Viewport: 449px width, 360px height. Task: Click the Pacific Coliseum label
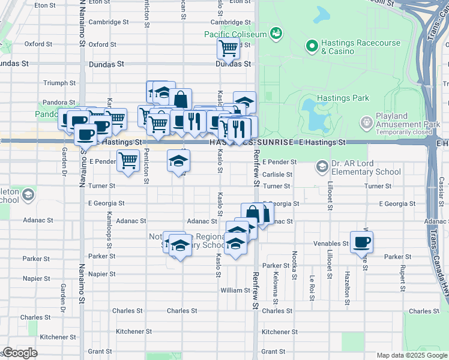235,35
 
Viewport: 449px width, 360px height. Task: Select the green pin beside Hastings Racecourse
312,46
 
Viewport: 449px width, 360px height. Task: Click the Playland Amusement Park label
400,120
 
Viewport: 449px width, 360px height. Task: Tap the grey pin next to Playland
366,123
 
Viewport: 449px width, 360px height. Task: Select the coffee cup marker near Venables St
362,242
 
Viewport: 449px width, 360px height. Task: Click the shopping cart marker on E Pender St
128,161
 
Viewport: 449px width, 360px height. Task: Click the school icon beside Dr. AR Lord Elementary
322,166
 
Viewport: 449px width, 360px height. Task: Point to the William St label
231,290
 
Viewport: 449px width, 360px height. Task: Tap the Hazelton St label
347,284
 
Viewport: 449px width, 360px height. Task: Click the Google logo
20,353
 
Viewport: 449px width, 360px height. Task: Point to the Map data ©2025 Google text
412,355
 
